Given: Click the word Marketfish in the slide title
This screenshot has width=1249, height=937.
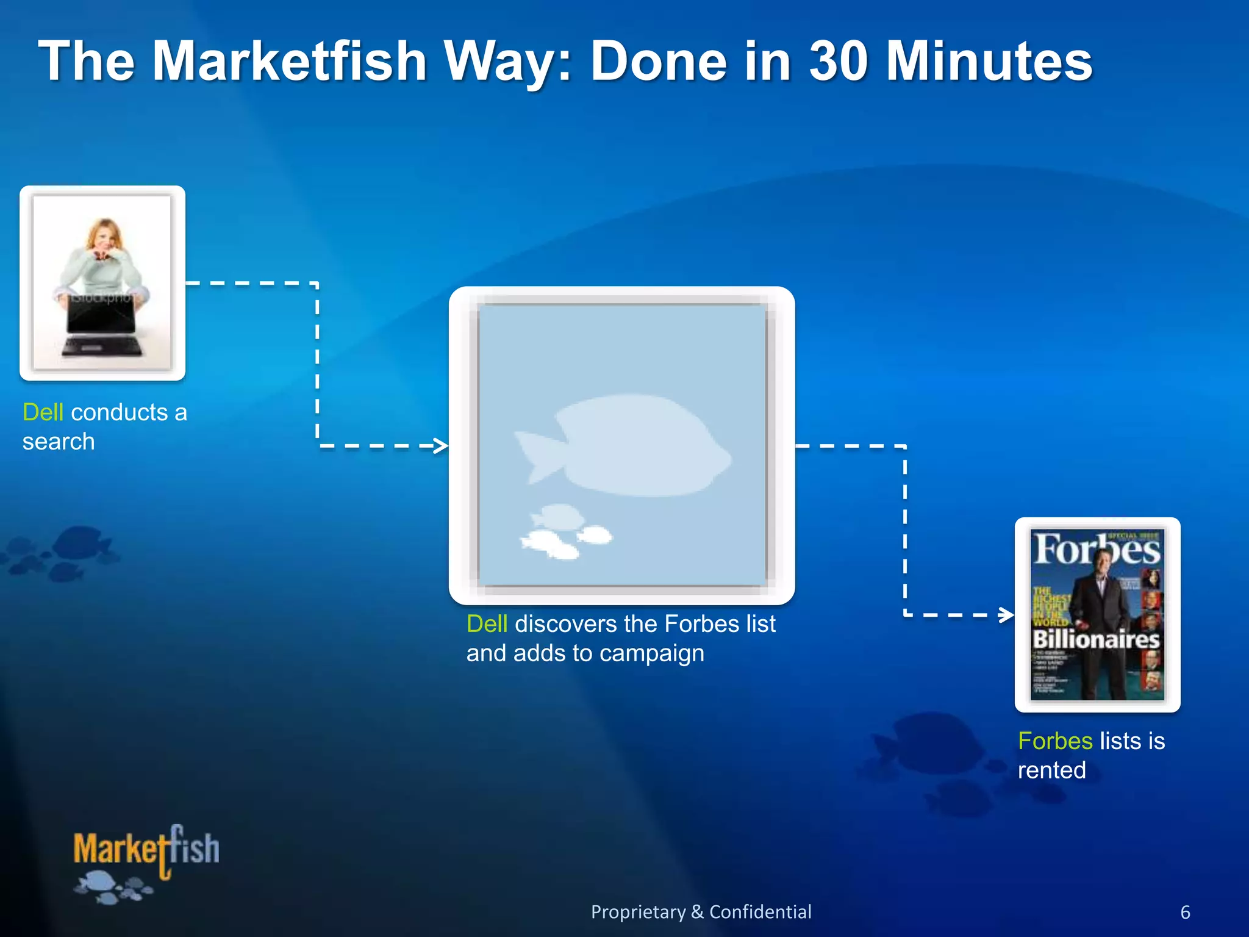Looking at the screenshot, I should (x=289, y=61).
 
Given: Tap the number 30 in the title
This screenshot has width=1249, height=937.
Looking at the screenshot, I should (x=838, y=61).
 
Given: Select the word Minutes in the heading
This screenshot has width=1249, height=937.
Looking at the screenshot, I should (x=989, y=61).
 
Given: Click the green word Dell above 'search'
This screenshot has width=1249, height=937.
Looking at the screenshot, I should (x=43, y=412).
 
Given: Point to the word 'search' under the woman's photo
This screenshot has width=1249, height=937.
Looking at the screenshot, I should (x=59, y=442).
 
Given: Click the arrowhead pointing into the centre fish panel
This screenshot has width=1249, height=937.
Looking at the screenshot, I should (x=440, y=446).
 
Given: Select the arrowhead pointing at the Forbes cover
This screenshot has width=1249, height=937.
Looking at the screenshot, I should (x=1006, y=615).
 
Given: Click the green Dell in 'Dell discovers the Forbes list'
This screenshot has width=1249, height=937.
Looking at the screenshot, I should (x=487, y=624).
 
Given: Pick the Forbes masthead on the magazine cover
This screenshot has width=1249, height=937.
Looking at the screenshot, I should (x=1097, y=550).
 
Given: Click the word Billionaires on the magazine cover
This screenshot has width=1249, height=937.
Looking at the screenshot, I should (x=1096, y=639).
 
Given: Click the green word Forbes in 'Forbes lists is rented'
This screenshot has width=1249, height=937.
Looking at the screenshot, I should (x=1055, y=741).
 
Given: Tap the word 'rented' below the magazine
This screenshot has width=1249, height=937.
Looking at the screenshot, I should (x=1051, y=770).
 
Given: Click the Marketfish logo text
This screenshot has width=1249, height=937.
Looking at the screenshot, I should (x=146, y=849).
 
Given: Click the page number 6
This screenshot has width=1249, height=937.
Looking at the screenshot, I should (x=1185, y=913).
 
